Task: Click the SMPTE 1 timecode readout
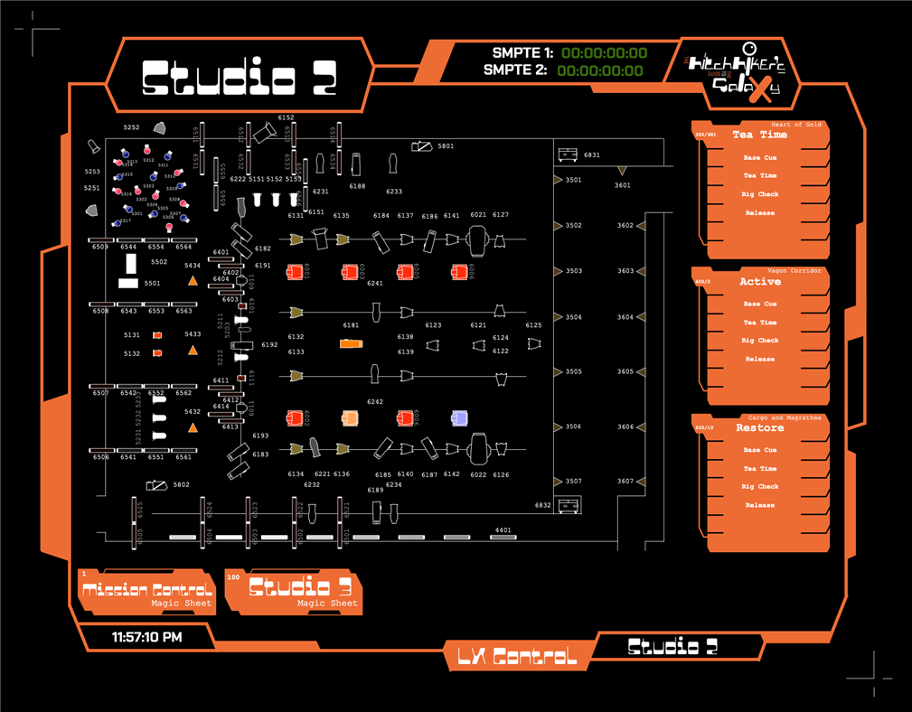(x=604, y=53)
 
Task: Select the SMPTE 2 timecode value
(x=600, y=70)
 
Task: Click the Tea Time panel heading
(x=759, y=135)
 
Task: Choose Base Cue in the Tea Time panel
(x=759, y=157)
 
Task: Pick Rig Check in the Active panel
(x=759, y=341)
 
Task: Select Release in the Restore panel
(x=759, y=505)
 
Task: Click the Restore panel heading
(x=759, y=428)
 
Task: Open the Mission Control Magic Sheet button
(x=146, y=593)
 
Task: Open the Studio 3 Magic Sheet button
(x=293, y=592)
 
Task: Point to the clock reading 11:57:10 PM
(x=146, y=637)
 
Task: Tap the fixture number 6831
(x=592, y=155)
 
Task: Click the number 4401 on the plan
(x=503, y=530)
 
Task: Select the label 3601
(x=623, y=185)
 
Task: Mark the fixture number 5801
(x=446, y=145)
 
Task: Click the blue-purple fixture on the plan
(x=459, y=417)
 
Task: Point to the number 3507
(x=573, y=482)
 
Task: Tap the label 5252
(x=132, y=127)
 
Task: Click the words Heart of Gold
(x=796, y=124)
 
